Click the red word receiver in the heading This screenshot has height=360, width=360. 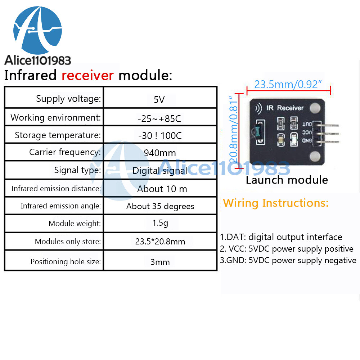(x=87, y=76)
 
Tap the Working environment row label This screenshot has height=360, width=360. (x=55, y=117)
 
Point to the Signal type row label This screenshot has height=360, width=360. (x=77, y=170)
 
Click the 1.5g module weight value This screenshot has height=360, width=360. (x=160, y=223)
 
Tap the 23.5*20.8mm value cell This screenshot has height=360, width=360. (x=160, y=242)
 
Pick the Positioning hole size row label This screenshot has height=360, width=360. (x=66, y=262)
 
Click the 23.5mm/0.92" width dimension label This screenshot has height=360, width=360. (x=288, y=85)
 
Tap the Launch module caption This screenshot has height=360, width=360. (x=287, y=180)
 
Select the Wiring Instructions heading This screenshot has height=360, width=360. (x=276, y=203)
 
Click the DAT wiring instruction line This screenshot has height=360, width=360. (x=281, y=237)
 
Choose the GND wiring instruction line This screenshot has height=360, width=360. (x=288, y=260)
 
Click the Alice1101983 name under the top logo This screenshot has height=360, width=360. (x=37, y=60)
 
